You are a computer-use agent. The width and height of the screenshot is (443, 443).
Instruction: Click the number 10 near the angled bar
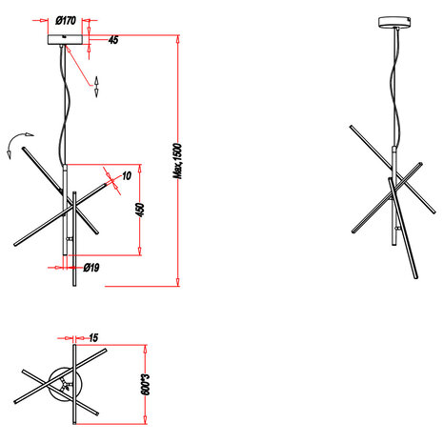tap(127, 175)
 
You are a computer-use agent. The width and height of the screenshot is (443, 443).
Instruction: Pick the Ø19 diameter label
tap(91, 268)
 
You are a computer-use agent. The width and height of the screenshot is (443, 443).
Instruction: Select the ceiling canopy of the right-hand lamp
tap(392, 22)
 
